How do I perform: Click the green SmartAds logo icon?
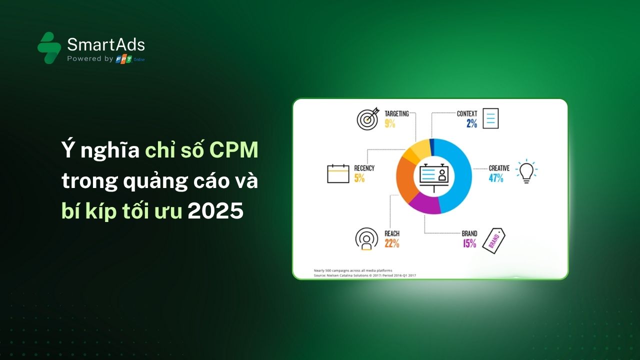[49, 48]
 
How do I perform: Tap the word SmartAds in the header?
[106, 45]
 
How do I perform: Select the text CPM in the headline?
[233, 150]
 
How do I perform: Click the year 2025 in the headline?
[215, 211]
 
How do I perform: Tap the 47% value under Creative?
[496, 177]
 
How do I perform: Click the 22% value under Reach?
[392, 243]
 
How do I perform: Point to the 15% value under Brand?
[469, 243]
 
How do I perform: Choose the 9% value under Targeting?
[390, 123]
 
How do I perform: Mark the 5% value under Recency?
[359, 177]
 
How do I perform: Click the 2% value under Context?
[472, 123]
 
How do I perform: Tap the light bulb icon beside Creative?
[525, 171]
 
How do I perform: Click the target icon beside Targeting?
[367, 119]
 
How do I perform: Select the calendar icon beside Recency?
[338, 173]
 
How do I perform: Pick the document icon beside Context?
[490, 118]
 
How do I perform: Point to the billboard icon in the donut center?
[433, 176]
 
